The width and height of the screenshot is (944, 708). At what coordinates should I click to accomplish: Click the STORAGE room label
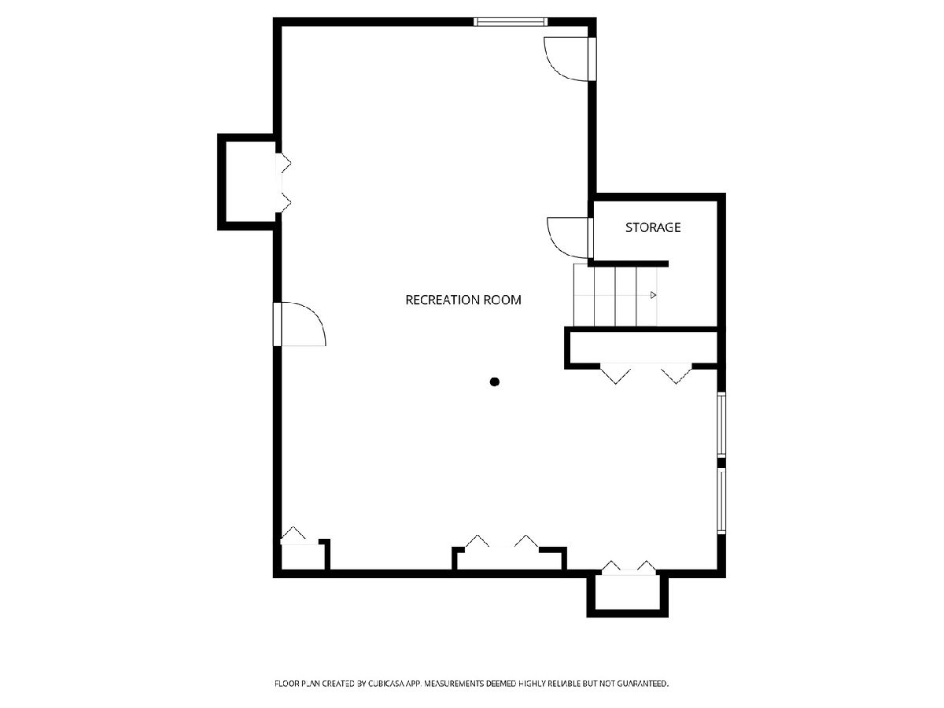(653, 227)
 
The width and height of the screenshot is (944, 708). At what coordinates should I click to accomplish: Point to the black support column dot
(495, 382)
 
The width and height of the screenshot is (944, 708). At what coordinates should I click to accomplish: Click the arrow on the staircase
(653, 295)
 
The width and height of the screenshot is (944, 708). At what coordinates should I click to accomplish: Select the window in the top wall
(511, 22)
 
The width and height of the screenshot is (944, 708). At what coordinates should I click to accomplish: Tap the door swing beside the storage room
(568, 238)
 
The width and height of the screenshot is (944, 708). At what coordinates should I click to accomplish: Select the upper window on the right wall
(721, 424)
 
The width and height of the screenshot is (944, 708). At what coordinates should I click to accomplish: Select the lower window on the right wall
(721, 501)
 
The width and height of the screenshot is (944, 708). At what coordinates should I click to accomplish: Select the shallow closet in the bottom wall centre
(509, 559)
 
